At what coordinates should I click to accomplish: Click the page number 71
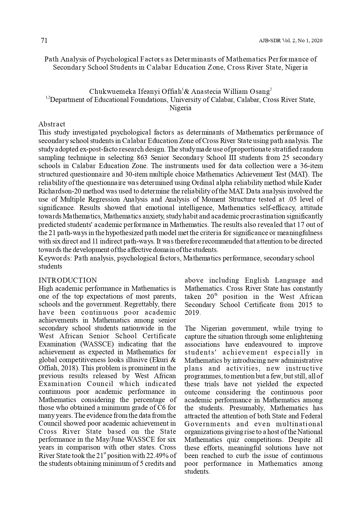coord(44,40)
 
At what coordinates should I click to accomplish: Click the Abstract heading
coord(52,124)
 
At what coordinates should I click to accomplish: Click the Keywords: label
coord(55,258)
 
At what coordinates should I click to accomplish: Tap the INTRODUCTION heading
coord(68,280)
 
